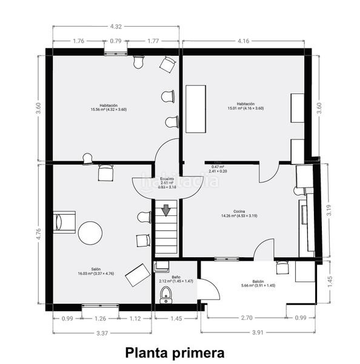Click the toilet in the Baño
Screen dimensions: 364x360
(166, 295)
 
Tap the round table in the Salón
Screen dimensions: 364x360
(90, 232)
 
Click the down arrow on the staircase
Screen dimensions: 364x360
(166, 211)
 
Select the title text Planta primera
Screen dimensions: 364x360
(175, 352)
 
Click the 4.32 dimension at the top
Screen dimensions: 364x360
(115, 26)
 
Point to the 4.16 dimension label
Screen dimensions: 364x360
(243, 41)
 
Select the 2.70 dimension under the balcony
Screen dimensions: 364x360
(247, 318)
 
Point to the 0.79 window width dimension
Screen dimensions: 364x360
(115, 41)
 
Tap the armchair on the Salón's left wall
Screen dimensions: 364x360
(64, 221)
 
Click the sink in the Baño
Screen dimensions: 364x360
(162, 267)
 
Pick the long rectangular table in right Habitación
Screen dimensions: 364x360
(195, 109)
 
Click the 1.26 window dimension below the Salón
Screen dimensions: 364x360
(99, 318)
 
